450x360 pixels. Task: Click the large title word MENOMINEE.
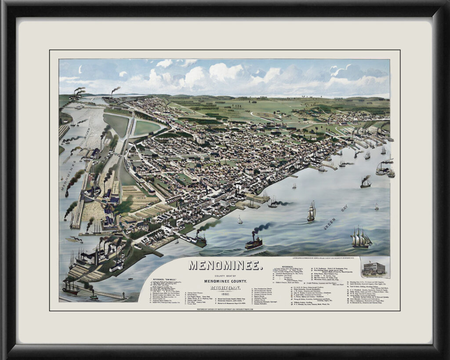point(226,265)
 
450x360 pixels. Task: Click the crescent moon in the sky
point(80,69)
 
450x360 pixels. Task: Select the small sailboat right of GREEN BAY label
point(377,207)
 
